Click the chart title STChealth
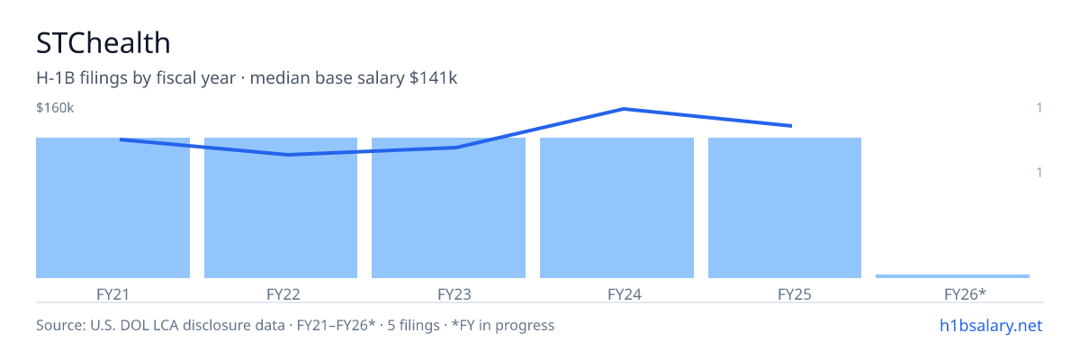tap(103, 43)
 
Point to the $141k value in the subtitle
tap(433, 78)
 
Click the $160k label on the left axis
tap(55, 108)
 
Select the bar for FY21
tap(112, 208)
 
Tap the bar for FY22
tap(281, 208)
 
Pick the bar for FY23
tap(448, 208)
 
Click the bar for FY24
tap(616, 208)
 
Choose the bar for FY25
tap(785, 208)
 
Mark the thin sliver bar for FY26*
tap(952, 276)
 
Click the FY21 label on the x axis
tap(112, 294)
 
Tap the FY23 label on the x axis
tap(454, 294)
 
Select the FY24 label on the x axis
tap(625, 294)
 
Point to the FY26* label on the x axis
tap(965, 294)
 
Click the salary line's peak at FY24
tap(624, 109)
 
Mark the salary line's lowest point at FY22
tap(288, 155)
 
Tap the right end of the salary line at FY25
tap(791, 126)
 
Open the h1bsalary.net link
tap(991, 326)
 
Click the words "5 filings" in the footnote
tap(413, 326)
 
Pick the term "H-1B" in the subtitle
tap(56, 78)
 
